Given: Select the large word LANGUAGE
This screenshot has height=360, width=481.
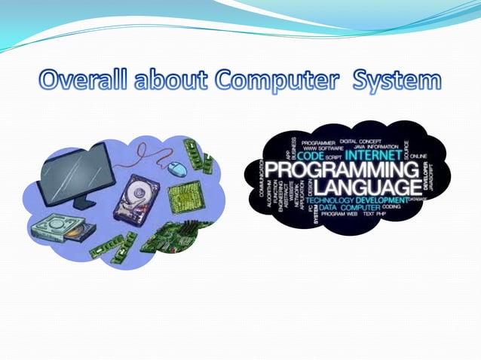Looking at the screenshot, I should click(366, 186).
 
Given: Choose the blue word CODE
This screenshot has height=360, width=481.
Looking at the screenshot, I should click(311, 157).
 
